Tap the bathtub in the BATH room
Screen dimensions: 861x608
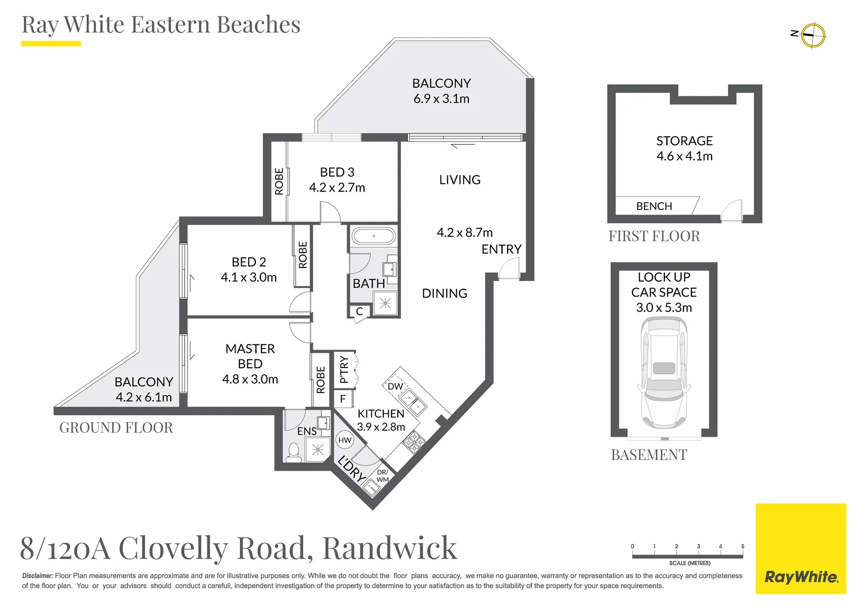pyautogui.click(x=373, y=236)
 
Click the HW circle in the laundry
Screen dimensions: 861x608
pyautogui.click(x=344, y=440)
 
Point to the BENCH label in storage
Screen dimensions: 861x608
pyautogui.click(x=654, y=206)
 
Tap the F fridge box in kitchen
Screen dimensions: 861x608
pyautogui.click(x=343, y=399)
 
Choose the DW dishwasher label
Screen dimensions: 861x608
pyautogui.click(x=395, y=386)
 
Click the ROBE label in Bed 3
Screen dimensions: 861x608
pyautogui.click(x=279, y=181)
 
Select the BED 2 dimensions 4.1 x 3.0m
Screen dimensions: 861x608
pyautogui.click(x=248, y=278)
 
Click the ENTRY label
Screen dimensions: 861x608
pyautogui.click(x=501, y=249)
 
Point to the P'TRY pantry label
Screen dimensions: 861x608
pyautogui.click(x=344, y=369)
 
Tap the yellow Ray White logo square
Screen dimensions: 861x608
pyautogui.click(x=801, y=548)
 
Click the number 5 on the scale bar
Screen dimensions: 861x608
pyautogui.click(x=743, y=546)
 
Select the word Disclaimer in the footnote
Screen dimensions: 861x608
pyautogui.click(x=38, y=576)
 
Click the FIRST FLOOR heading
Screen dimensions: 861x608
pyautogui.click(x=654, y=236)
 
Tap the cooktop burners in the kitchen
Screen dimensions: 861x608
pyautogui.click(x=414, y=442)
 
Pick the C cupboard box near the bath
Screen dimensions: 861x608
pyautogui.click(x=360, y=311)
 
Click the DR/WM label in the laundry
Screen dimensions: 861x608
pyautogui.click(x=383, y=476)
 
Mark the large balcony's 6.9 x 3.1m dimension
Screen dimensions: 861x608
pyautogui.click(x=441, y=99)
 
